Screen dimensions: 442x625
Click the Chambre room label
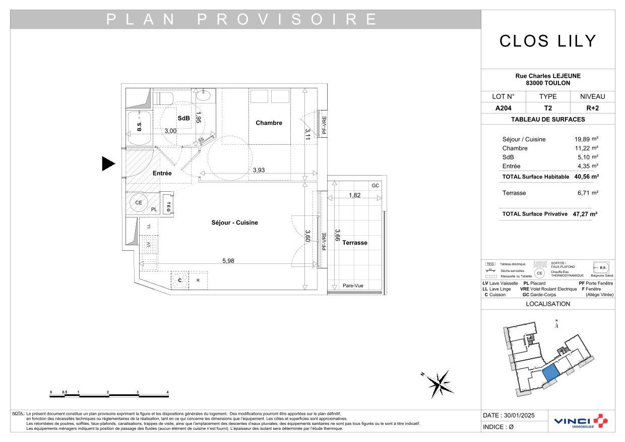coord(269,123)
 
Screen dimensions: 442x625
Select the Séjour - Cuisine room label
coord(234,223)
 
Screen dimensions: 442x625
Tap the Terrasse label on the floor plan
coord(355,243)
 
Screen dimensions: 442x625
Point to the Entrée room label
coord(162,173)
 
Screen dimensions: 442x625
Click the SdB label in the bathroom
coord(183,118)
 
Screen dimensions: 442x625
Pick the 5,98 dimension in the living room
coord(228,261)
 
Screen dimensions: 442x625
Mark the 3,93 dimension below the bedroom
coord(258,170)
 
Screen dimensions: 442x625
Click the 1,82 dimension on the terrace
coord(355,195)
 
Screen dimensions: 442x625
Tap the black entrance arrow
coord(108,163)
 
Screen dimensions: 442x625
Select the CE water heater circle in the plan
coord(139,203)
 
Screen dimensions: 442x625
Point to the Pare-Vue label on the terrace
coord(353,286)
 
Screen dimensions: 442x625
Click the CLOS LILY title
coord(548,41)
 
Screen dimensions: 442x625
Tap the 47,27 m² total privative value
coord(585,214)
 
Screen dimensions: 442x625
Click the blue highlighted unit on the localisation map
coord(550,373)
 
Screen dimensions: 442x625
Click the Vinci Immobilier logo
coord(581,422)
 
